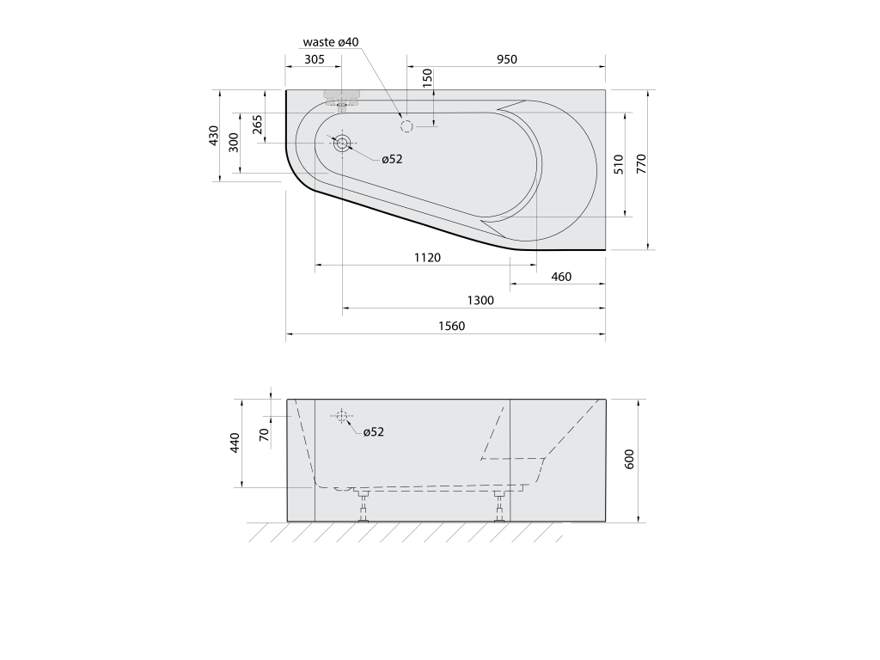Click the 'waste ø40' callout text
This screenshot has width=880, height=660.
pos(331,42)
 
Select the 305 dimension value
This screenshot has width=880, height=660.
pos(315,59)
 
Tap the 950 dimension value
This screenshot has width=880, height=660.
pos(507,59)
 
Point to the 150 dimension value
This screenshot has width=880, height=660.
pos(428,77)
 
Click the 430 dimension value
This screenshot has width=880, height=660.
pos(213,136)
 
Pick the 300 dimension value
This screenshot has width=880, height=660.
pos(234,143)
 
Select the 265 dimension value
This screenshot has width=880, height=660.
pos(257,124)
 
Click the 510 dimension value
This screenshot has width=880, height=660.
pos(619,164)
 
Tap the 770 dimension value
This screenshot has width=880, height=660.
pos(641,163)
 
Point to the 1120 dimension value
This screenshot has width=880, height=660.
pos(428,258)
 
